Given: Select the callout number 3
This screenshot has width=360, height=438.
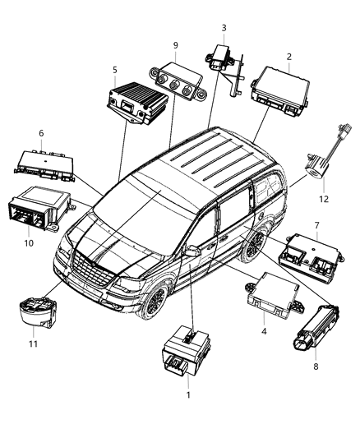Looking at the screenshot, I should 223,28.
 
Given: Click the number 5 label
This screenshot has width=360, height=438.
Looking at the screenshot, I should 114,70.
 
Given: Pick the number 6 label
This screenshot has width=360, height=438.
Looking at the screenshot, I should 40,133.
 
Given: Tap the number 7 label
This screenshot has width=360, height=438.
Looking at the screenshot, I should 316,224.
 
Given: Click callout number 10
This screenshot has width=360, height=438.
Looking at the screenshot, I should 29,242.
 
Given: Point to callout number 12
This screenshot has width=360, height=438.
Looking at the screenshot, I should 323,198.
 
